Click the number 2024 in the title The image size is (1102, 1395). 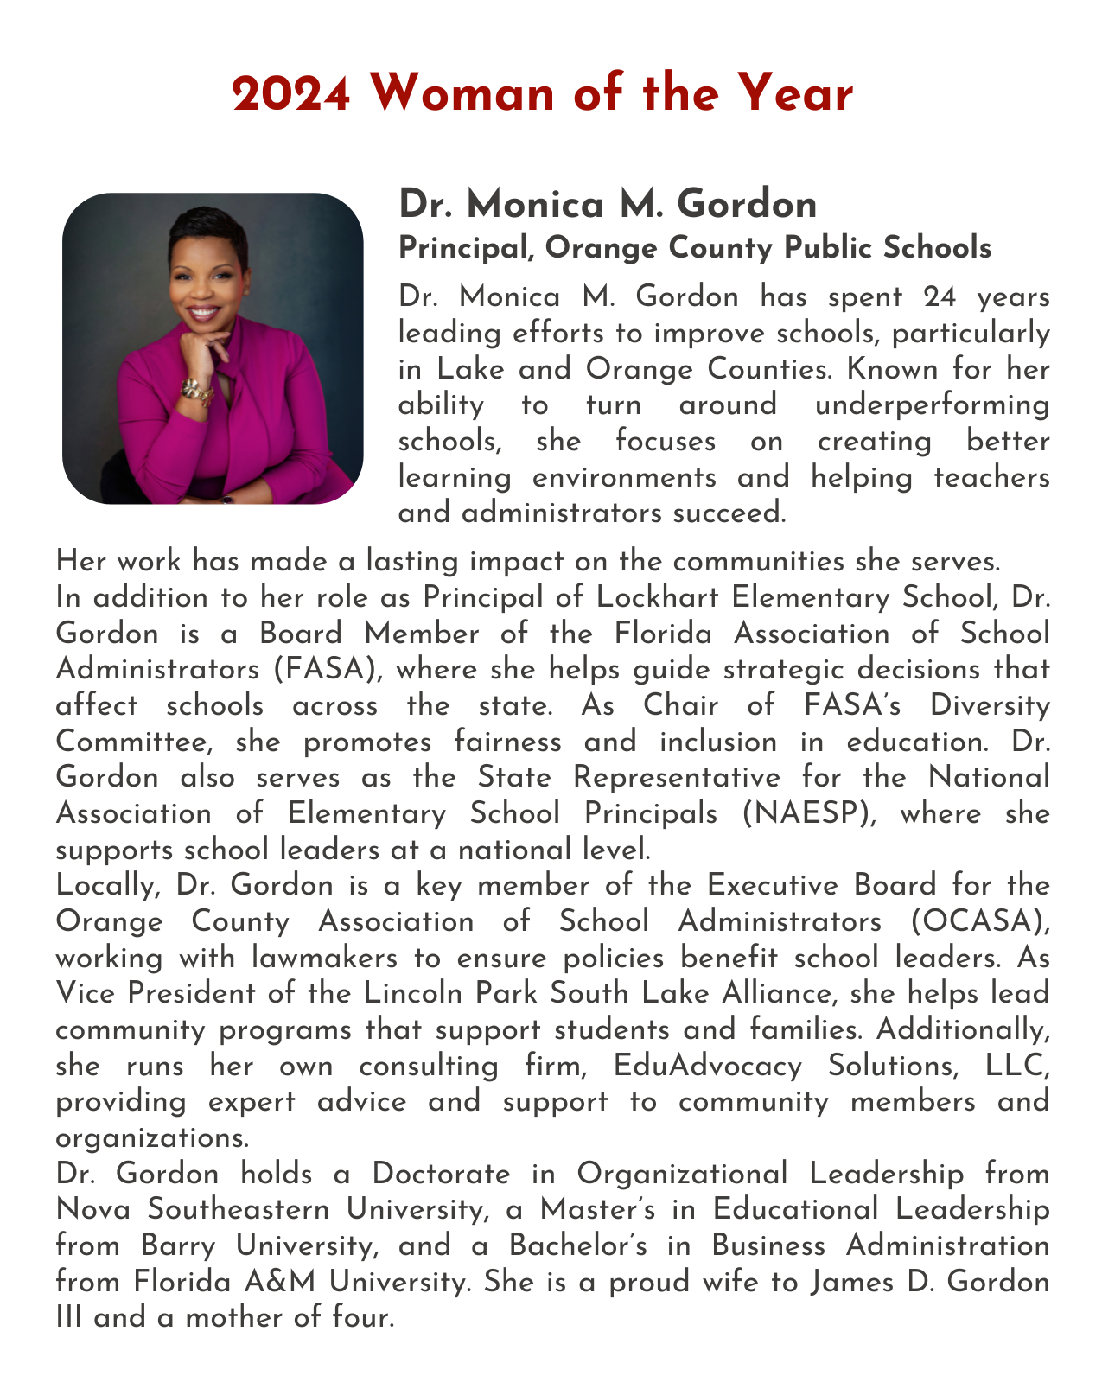pyautogui.click(x=291, y=94)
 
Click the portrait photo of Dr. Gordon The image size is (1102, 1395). pyautogui.click(x=213, y=348)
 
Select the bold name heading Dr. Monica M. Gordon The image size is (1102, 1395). pyautogui.click(x=608, y=206)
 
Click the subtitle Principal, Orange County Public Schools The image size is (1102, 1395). pyautogui.click(x=695, y=249)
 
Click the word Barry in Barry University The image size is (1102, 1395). pyautogui.click(x=178, y=1246)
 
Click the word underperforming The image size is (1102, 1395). pyautogui.click(x=933, y=405)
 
